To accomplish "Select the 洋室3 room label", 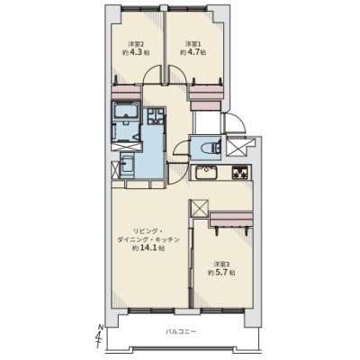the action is tap(221, 265).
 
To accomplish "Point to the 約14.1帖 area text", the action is tap(148, 248).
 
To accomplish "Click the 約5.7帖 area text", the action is tap(221, 273).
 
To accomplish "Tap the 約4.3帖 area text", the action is tap(136, 52).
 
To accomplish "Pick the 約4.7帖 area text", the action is tap(193, 52).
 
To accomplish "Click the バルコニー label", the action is tap(181, 332).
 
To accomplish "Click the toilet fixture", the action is tap(211, 148).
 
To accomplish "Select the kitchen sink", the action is tap(206, 172).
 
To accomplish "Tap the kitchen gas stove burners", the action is tap(240, 173).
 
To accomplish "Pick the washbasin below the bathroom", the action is tap(127, 166).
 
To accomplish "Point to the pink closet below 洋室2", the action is tap(126, 92).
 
